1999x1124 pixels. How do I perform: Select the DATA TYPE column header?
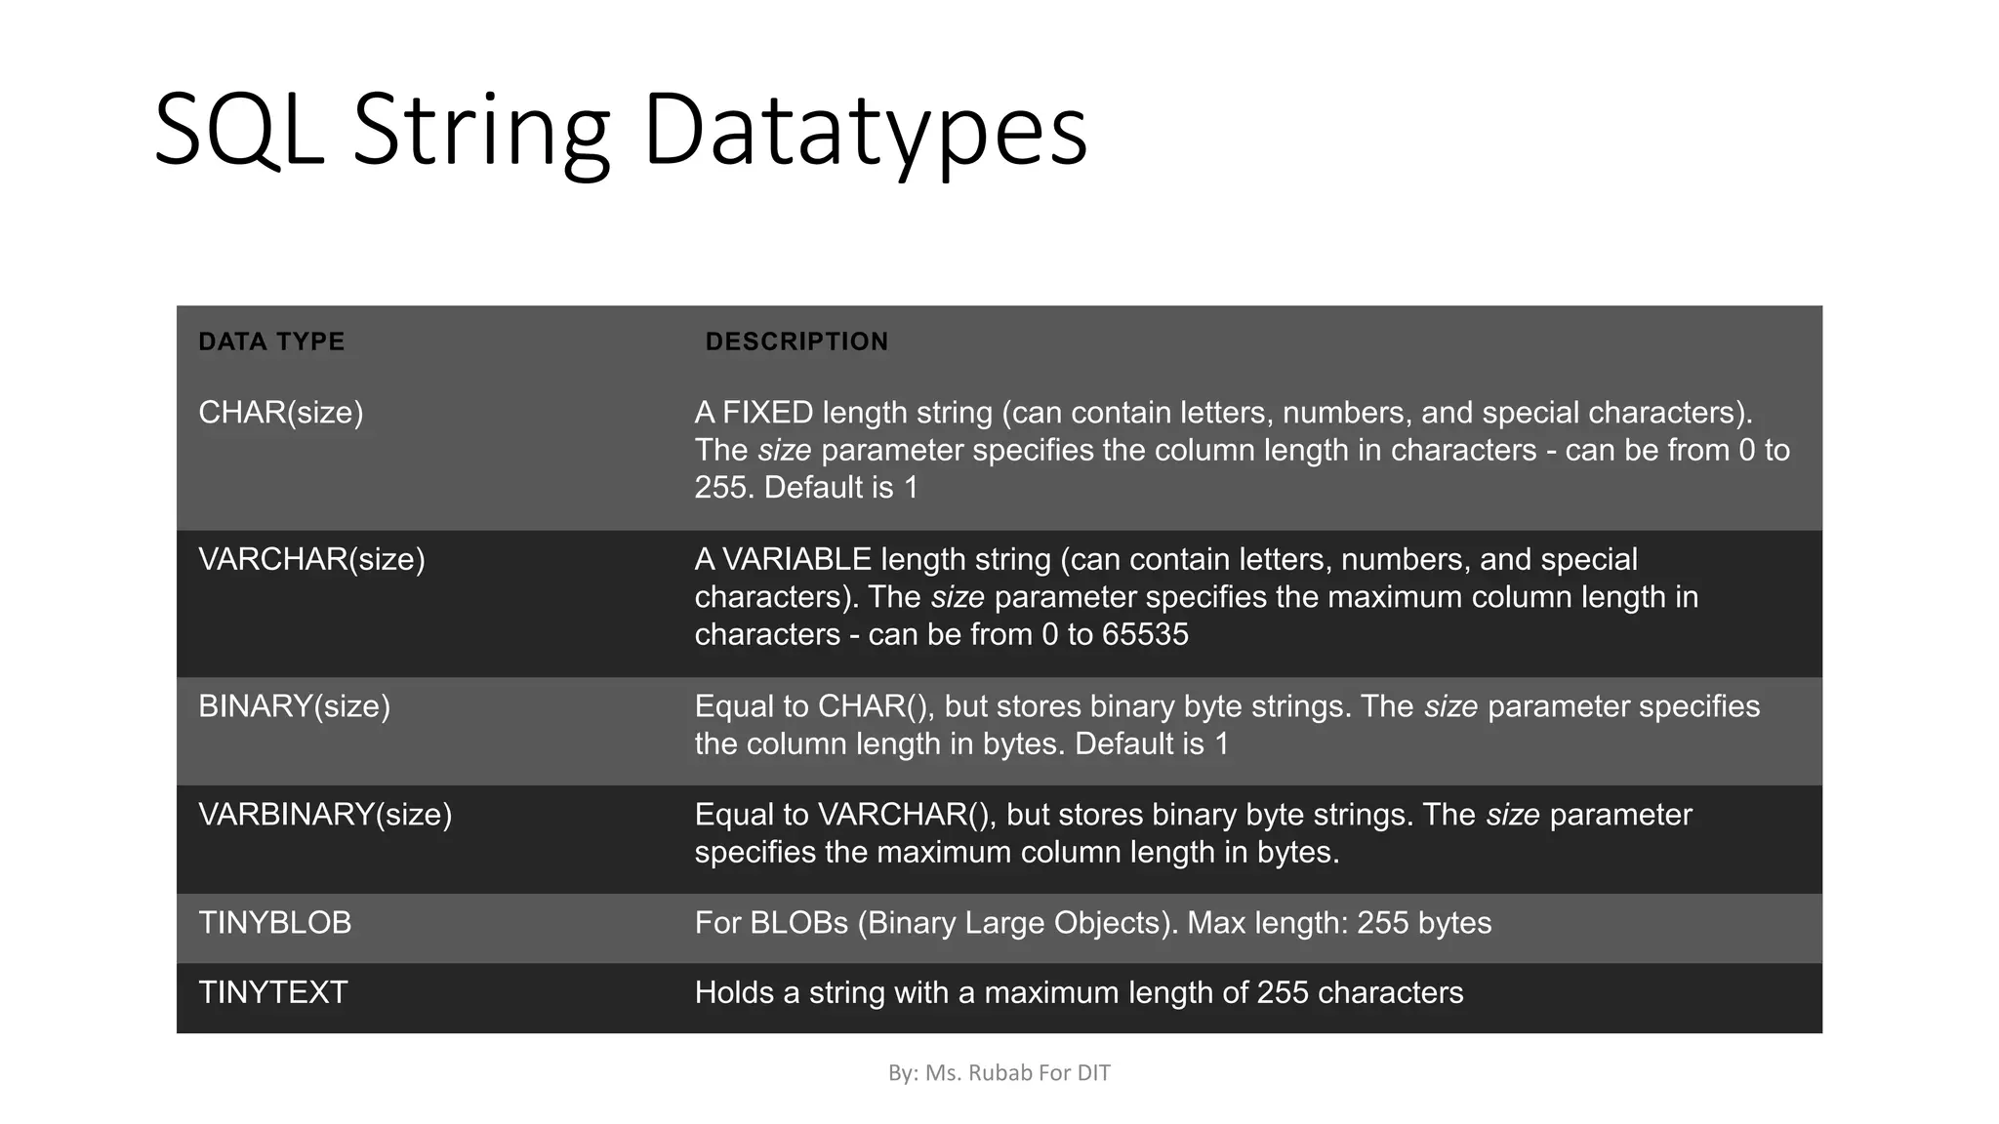pyautogui.click(x=271, y=341)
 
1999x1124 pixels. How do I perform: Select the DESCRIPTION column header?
pyautogui.click(x=796, y=341)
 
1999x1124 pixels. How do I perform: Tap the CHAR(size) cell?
pyautogui.click(x=281, y=413)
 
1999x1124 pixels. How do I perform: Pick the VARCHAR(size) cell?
pyautogui.click(x=311, y=559)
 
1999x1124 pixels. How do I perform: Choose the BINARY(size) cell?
pyautogui.click(x=294, y=706)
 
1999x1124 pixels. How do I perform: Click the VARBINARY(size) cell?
pyautogui.click(x=325, y=815)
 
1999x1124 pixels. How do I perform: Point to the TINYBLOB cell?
pyautogui.click(x=274, y=923)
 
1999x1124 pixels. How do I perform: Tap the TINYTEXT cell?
pyautogui.click(x=272, y=993)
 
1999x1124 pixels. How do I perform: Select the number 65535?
pyautogui.click(x=1145, y=635)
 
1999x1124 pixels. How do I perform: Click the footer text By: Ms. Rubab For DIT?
pyautogui.click(x=999, y=1073)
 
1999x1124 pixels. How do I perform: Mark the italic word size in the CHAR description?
pyautogui.click(x=784, y=451)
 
